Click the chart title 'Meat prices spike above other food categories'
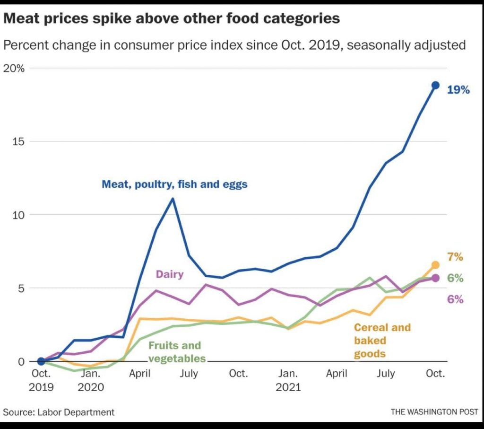click(171, 18)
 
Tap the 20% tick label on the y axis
click(14, 68)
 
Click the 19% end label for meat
click(458, 89)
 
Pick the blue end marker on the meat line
click(435, 85)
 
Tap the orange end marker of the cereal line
click(435, 265)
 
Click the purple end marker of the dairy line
click(435, 278)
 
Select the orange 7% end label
click(455, 257)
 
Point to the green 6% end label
click(455, 278)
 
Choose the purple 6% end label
click(455, 299)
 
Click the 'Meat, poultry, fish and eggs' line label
click(174, 184)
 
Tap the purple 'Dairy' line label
click(169, 274)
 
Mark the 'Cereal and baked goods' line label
click(382, 340)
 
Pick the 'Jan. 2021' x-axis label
click(288, 380)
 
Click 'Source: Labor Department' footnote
click(59, 412)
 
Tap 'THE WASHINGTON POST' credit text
click(434, 412)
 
